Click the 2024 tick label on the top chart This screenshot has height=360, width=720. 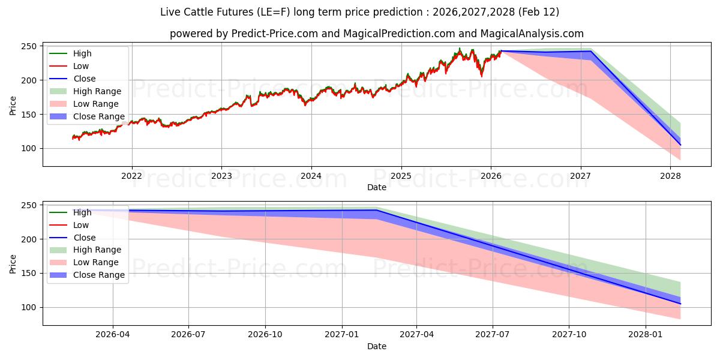(311, 176)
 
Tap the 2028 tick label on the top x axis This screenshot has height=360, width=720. (670, 176)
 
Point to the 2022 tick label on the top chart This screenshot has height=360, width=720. (131, 176)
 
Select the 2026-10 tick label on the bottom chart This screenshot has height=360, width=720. (265, 335)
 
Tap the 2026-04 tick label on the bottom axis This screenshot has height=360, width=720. (113, 335)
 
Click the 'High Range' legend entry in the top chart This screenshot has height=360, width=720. (97, 91)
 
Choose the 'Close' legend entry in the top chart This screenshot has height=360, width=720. (84, 79)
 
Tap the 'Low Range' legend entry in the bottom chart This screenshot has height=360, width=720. (96, 262)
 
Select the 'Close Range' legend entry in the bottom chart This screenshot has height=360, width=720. (98, 275)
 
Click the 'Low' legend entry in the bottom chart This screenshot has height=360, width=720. (81, 225)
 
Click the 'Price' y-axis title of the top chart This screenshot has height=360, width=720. (13, 105)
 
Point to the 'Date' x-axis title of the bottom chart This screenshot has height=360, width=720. (376, 346)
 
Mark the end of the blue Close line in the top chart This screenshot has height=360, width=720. (680, 145)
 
